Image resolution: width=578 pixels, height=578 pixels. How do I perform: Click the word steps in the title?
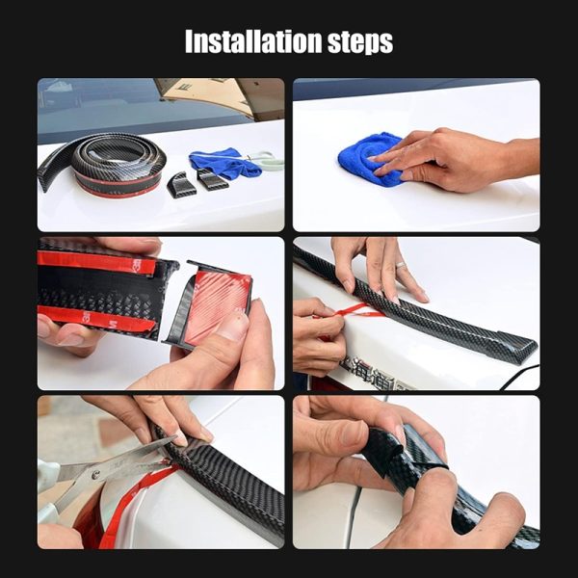[x=360, y=42]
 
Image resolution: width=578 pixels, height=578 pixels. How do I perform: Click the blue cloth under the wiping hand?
[x=369, y=159]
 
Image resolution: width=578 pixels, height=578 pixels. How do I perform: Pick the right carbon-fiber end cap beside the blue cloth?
[x=212, y=179]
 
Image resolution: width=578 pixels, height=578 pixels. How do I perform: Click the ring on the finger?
[x=401, y=265]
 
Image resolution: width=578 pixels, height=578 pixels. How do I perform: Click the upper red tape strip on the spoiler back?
[x=96, y=262]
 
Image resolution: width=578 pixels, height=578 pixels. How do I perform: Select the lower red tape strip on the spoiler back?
[x=96, y=318]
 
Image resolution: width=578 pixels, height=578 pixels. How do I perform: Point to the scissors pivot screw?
[x=96, y=475]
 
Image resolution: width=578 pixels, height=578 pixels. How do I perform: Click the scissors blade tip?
[x=176, y=437]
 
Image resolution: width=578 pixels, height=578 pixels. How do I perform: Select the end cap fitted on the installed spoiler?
[x=513, y=347]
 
